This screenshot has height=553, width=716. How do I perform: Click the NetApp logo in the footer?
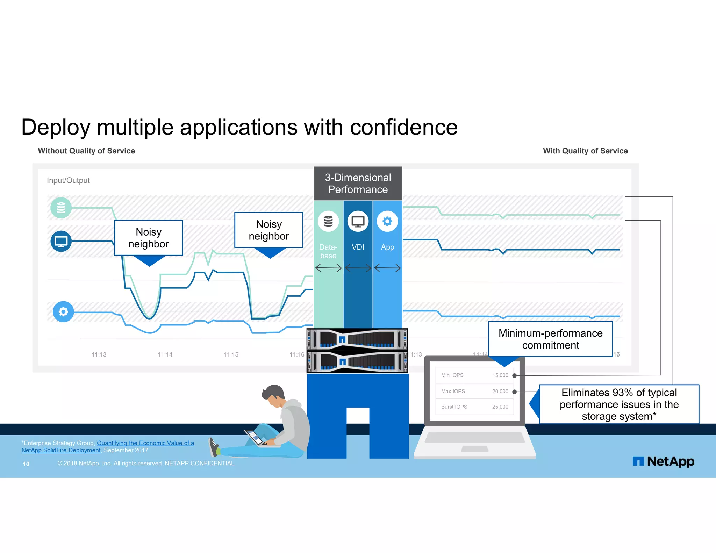(x=663, y=461)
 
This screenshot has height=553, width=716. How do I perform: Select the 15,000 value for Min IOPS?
(x=500, y=375)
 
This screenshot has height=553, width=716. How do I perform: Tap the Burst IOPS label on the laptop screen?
(x=454, y=407)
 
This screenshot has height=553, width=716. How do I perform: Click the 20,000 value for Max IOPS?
(x=500, y=391)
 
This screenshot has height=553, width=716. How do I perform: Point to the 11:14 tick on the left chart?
(x=165, y=354)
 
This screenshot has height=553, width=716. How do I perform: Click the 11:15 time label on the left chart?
(x=231, y=354)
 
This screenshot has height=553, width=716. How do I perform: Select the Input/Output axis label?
(x=68, y=180)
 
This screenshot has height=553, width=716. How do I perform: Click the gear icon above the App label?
(x=387, y=221)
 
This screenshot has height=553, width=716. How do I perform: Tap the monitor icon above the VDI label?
(x=358, y=221)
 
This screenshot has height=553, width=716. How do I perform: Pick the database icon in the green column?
(x=328, y=221)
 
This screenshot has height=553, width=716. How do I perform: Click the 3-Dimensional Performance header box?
(x=358, y=184)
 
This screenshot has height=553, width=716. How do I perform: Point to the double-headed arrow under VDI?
(x=358, y=268)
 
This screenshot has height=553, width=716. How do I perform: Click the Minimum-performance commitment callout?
(x=550, y=339)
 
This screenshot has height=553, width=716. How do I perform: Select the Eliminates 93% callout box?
(x=619, y=404)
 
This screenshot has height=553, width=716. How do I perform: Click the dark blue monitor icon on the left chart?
(x=61, y=241)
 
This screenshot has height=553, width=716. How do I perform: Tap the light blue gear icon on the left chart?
(x=63, y=311)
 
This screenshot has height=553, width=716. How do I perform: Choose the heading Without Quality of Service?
(x=86, y=151)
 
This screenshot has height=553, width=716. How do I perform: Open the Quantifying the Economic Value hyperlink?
(x=145, y=443)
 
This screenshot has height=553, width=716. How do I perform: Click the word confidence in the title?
(x=403, y=127)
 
